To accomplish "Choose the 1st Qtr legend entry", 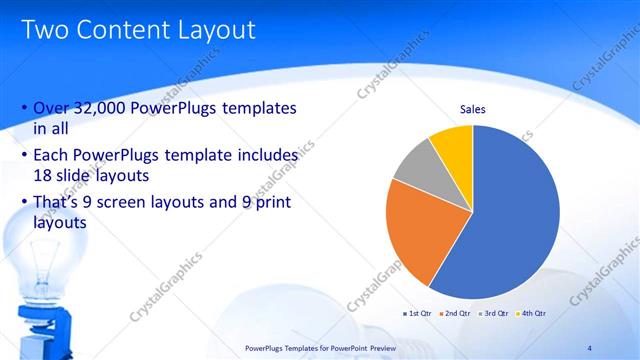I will pyautogui.click(x=418, y=314).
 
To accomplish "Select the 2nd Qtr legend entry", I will pyautogui.click(x=455, y=314).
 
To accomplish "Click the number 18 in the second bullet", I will pyautogui.click(x=44, y=175).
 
